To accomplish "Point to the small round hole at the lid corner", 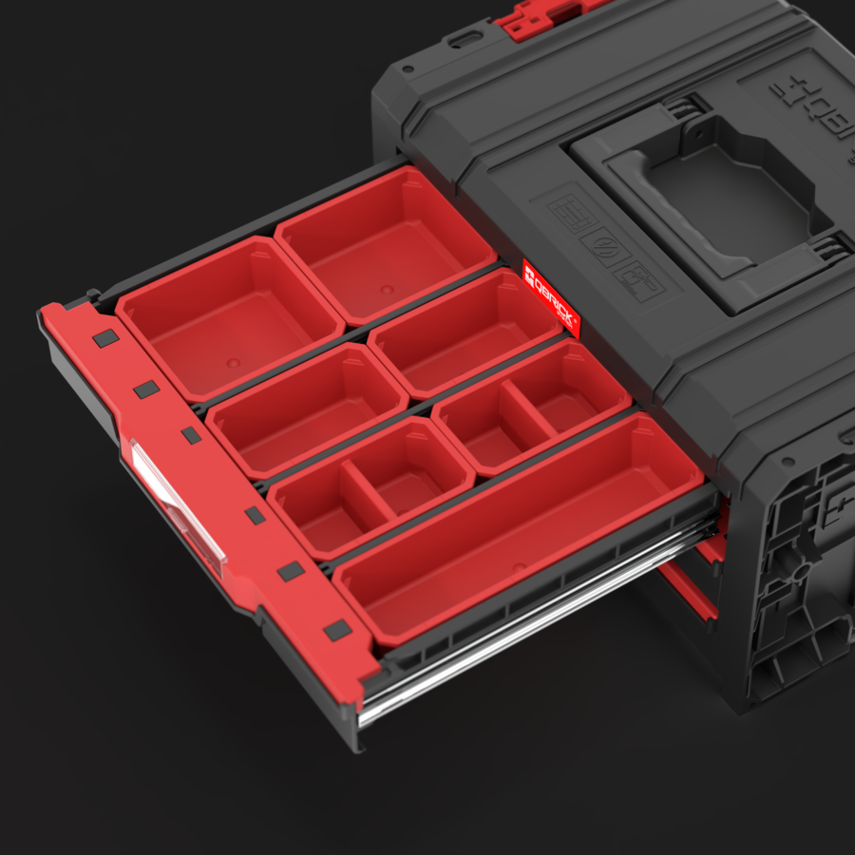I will tap(408, 69).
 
